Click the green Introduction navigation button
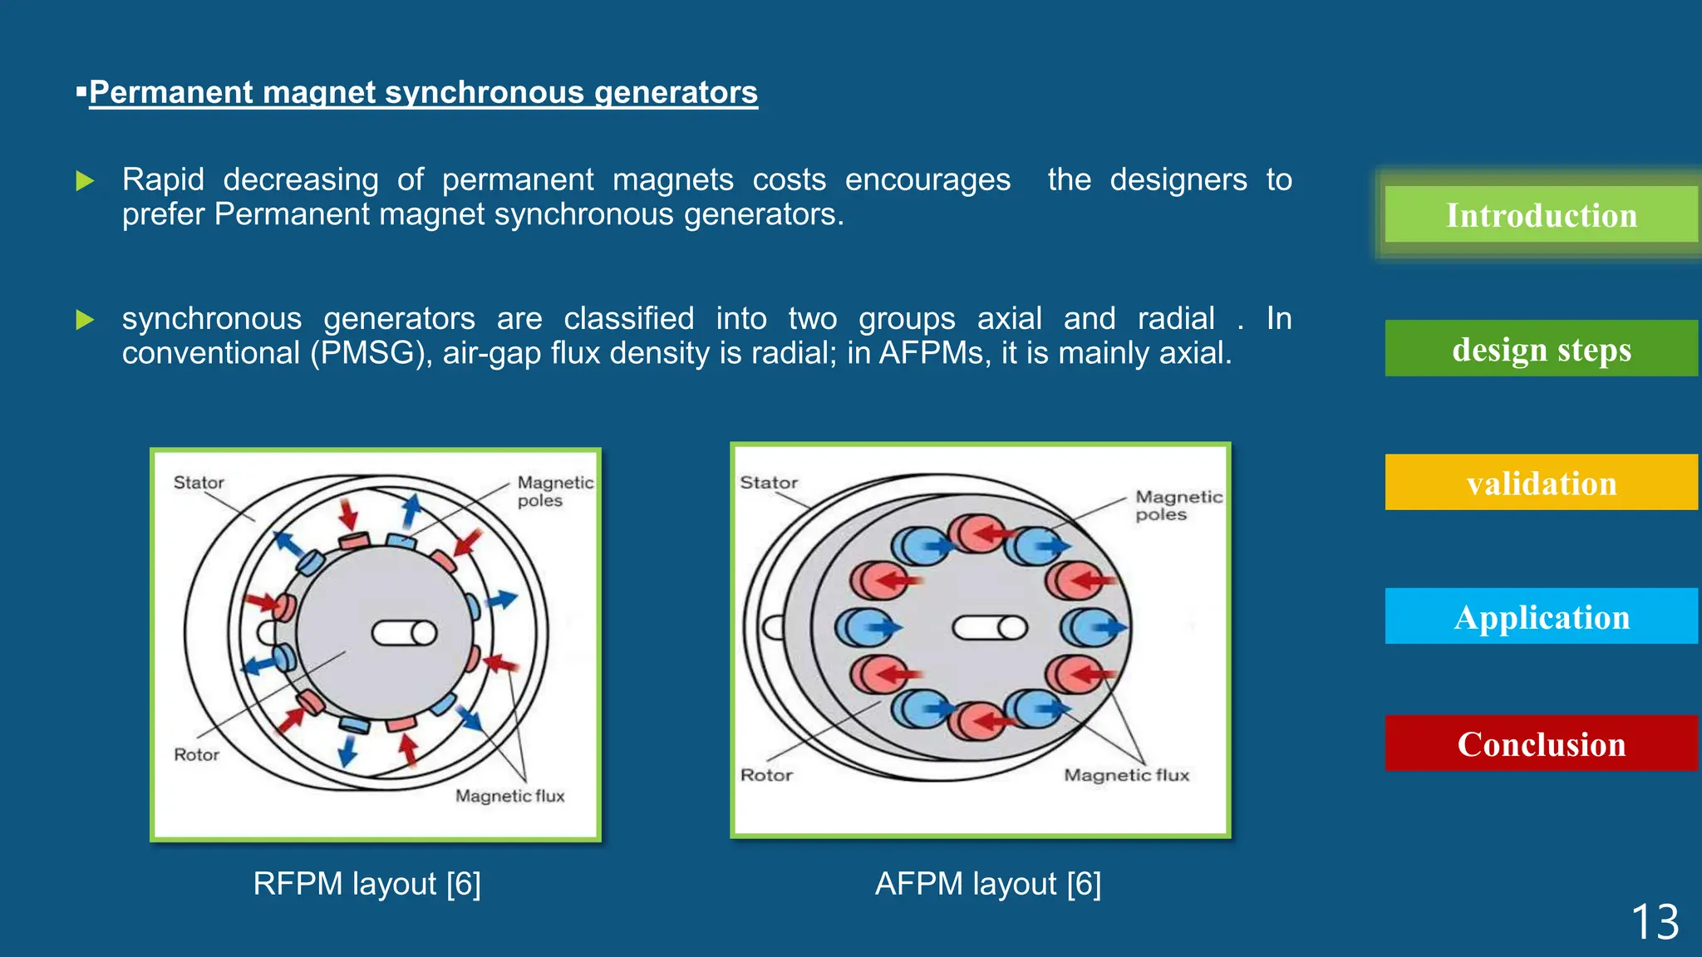click(1541, 215)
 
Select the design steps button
click(1541, 349)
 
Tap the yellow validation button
click(1541, 483)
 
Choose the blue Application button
click(1541, 616)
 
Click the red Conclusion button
click(1541, 744)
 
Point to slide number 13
click(1655, 922)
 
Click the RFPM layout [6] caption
click(366, 883)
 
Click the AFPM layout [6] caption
click(987, 883)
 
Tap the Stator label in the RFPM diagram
click(199, 483)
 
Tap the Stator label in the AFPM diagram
click(769, 483)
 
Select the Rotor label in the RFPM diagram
click(196, 754)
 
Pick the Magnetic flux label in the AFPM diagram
click(1126, 775)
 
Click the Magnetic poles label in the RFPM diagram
click(554, 491)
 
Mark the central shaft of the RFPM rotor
click(405, 633)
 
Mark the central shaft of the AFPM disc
click(989, 627)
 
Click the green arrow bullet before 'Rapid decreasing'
click(85, 180)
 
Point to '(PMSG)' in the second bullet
click(371, 353)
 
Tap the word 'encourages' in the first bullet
click(927, 179)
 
